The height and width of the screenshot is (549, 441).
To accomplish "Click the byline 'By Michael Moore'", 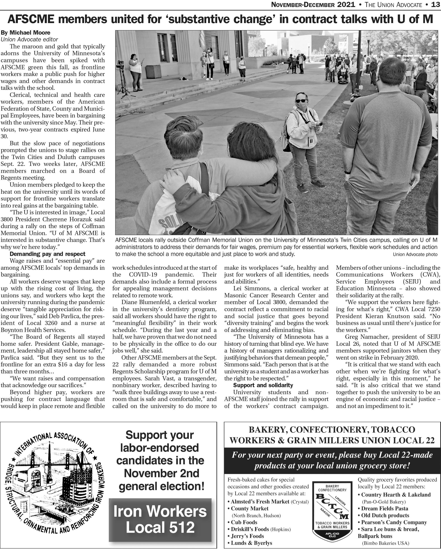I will coord(26,33).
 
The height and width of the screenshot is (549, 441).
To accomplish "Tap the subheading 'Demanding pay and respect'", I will coord(47,254).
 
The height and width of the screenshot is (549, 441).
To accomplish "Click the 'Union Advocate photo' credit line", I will coord(415,254).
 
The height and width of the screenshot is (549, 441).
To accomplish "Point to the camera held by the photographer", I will coord(317,124).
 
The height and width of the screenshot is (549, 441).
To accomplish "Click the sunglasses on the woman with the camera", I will coord(301,101).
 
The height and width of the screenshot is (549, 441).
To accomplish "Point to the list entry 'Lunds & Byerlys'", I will coord(251,543).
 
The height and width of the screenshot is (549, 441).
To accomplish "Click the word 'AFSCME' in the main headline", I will coord(31,19).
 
